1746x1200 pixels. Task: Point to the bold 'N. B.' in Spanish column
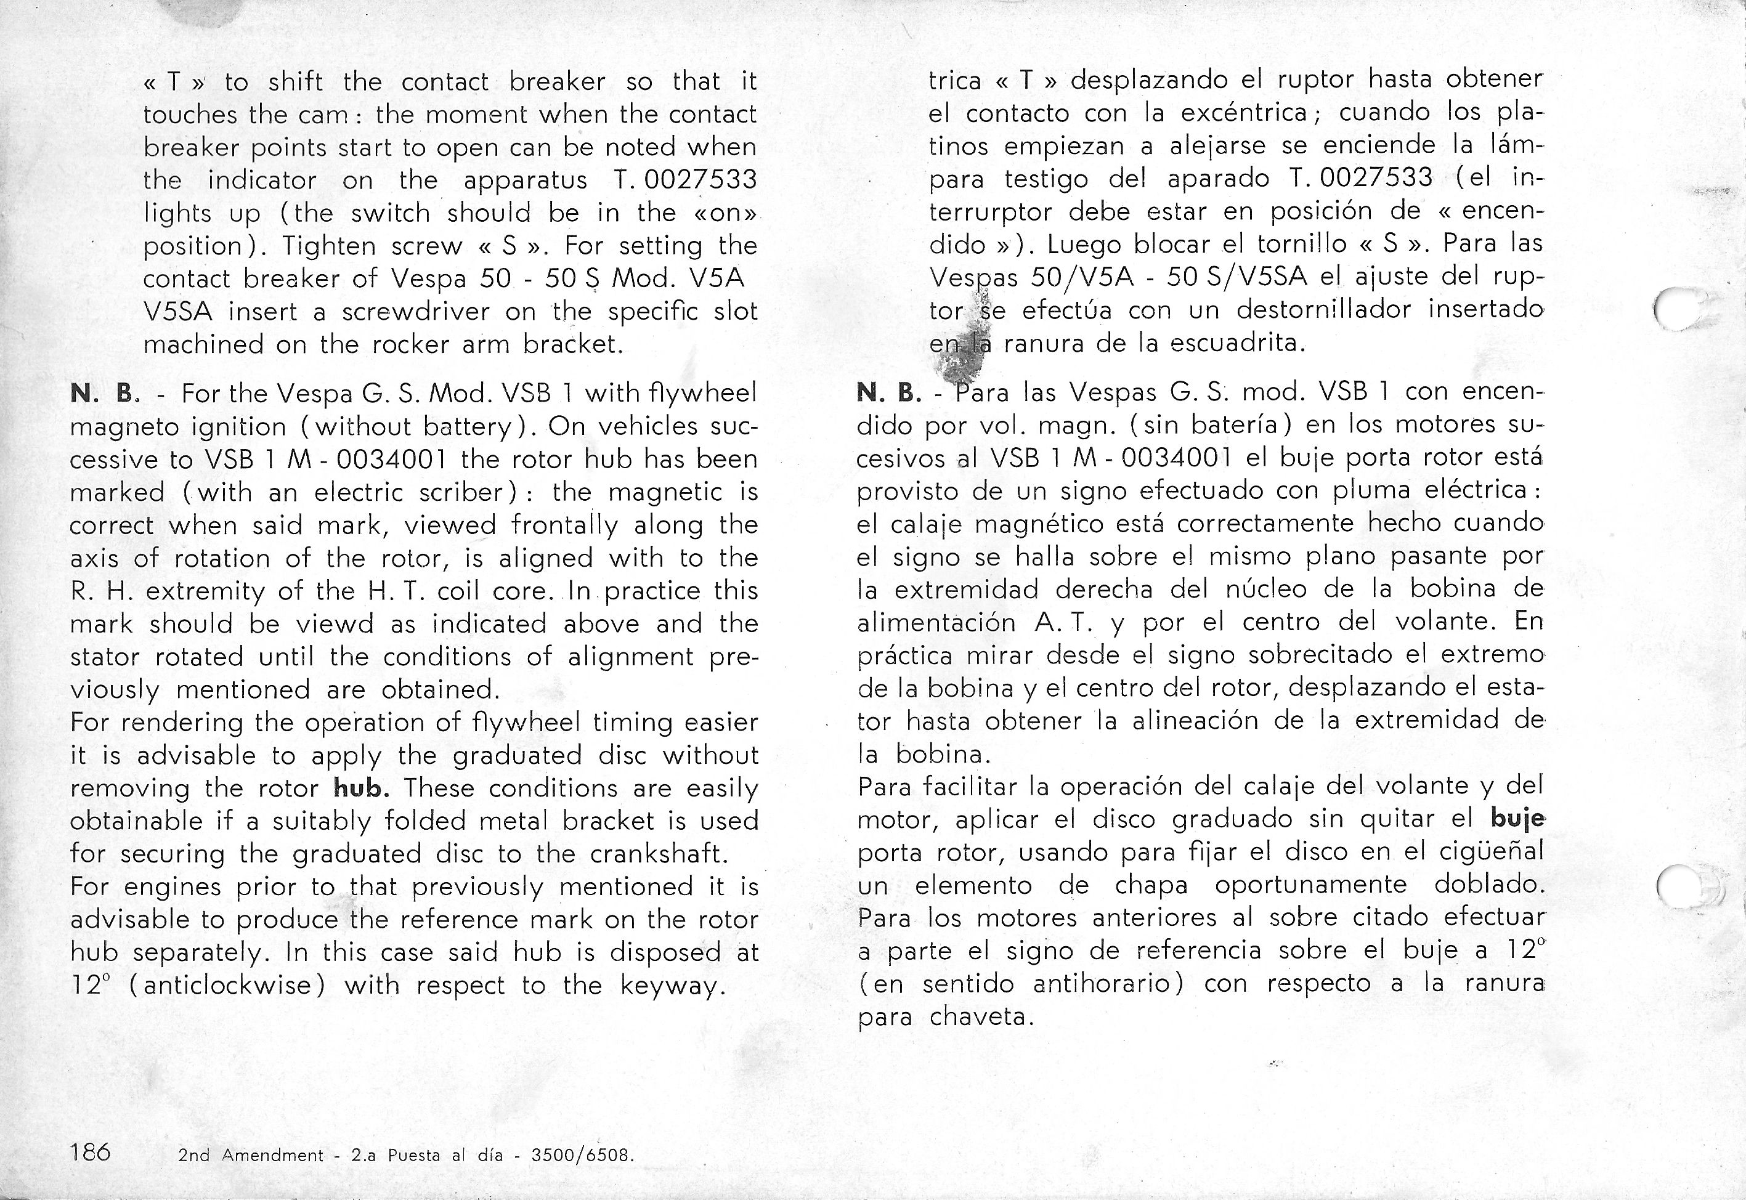(890, 392)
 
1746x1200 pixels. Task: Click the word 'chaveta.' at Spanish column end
(982, 1017)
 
